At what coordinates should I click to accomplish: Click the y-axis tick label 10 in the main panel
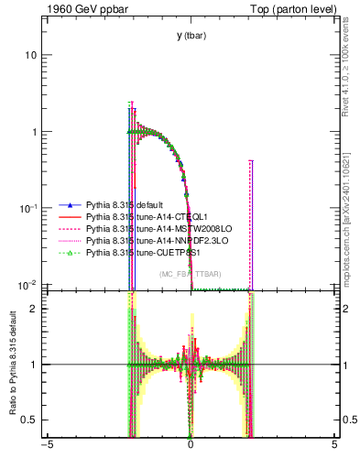[31, 55]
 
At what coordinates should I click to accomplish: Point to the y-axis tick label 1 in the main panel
[34, 132]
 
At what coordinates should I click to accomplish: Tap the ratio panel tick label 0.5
[29, 420]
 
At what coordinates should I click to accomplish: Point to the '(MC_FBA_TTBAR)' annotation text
[190, 274]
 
